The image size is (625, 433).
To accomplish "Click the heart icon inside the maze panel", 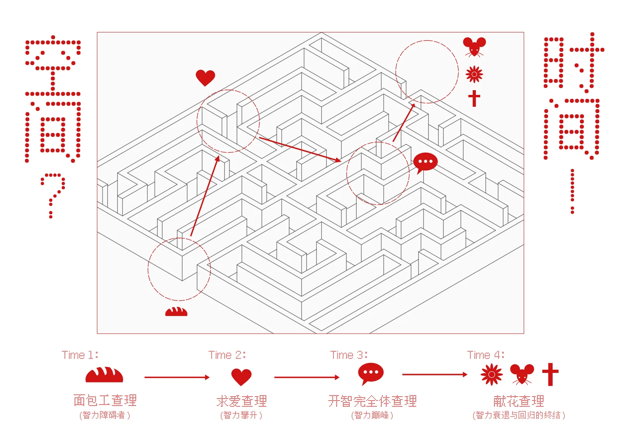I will [205, 78].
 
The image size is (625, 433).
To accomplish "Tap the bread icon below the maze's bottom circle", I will [176, 312].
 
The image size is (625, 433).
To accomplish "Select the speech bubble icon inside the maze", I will [425, 163].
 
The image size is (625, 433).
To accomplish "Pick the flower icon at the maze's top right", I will [474, 74].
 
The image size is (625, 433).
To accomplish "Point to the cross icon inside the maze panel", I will [474, 98].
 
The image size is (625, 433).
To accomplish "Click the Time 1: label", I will [80, 355].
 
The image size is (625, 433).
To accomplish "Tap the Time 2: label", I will [227, 355].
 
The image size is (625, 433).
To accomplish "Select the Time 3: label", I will [349, 355].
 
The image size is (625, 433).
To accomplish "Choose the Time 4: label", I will [485, 355].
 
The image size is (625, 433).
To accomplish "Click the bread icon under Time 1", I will [104, 374].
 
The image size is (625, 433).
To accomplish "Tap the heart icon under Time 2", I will [241, 377].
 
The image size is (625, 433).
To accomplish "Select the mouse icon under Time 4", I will [522, 374].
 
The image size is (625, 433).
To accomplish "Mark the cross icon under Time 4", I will [550, 374].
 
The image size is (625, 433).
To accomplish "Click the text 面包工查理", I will [105, 400].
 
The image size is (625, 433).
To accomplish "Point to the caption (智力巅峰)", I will [372, 415].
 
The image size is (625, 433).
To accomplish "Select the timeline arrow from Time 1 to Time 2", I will [177, 377].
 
